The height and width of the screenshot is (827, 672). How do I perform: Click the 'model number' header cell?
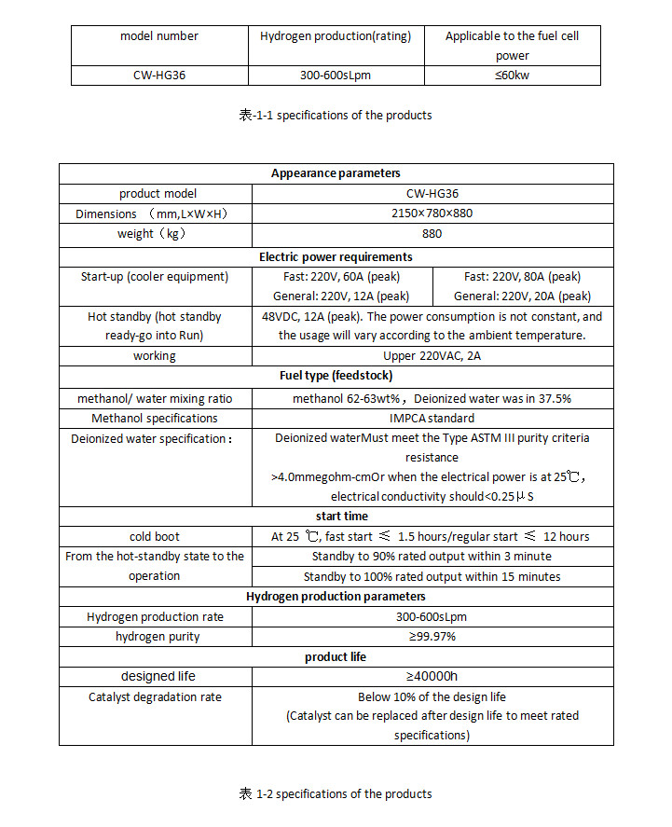159,36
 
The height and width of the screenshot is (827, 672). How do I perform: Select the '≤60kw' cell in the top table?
512,76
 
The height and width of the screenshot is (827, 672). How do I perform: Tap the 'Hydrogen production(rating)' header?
335,36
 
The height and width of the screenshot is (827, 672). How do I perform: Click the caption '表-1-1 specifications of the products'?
336,116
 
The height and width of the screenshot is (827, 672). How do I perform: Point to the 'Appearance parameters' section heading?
336,173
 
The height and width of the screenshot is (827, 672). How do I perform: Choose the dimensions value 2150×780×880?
432,214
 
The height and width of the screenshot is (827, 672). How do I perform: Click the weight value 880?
432,234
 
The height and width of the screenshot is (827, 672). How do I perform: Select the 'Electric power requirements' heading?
336,256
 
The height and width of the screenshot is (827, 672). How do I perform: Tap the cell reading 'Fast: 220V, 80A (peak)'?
522,277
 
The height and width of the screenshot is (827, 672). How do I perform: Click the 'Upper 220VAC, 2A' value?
432,356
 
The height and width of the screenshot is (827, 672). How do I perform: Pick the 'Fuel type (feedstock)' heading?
336,376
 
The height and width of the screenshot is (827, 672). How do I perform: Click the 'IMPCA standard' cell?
432,419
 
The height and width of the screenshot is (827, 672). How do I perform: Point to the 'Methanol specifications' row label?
155,419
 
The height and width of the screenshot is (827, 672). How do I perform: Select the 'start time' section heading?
336,516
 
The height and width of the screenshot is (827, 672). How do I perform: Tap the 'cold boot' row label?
155,536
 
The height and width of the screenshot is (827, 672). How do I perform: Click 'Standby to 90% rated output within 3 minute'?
432,557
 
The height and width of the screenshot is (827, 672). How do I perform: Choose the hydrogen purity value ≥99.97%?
432,637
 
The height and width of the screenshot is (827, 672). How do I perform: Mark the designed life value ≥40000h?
432,676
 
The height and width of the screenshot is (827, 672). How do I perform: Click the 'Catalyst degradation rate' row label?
155,696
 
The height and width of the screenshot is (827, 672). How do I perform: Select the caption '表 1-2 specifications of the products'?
336,794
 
